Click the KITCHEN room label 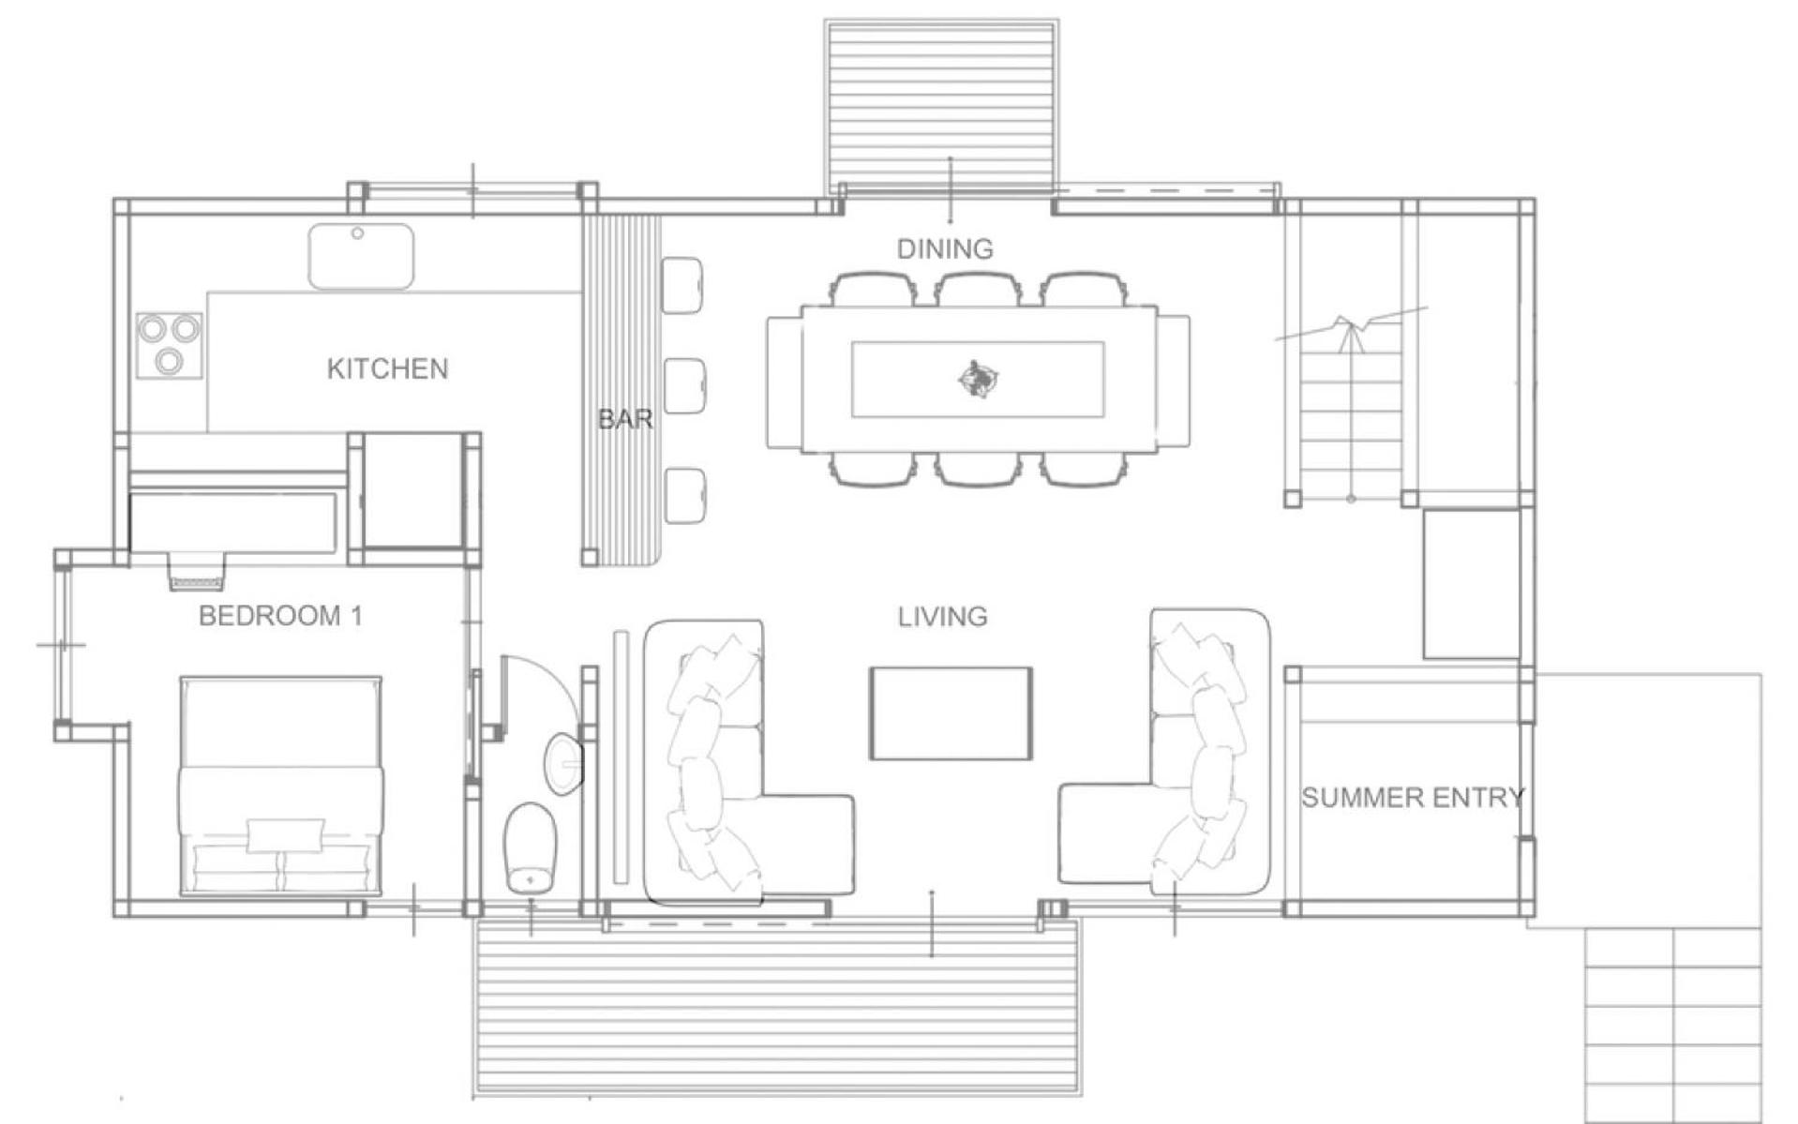[387, 368]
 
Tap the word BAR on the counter [625, 419]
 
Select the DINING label [945, 248]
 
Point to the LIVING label [942, 616]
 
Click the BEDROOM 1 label [280, 616]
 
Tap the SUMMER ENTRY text [1413, 798]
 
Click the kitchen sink [361, 256]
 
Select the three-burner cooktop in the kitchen [170, 345]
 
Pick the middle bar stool [683, 386]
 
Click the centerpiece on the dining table [979, 378]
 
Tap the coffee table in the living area [951, 713]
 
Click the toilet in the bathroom [530, 847]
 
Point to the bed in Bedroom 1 [280, 786]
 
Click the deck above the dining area [942, 105]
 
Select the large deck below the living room [776, 1013]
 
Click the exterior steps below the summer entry [1672, 1026]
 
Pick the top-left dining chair [871, 289]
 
